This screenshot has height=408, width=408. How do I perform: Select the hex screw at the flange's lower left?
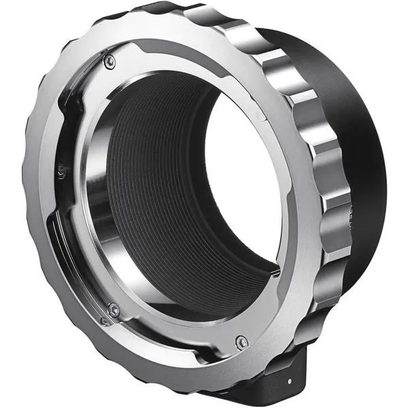pos(114,310)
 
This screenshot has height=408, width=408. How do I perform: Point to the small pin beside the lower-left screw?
pos(104,320)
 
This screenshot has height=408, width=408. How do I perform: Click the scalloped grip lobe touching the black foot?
pos(320,340)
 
